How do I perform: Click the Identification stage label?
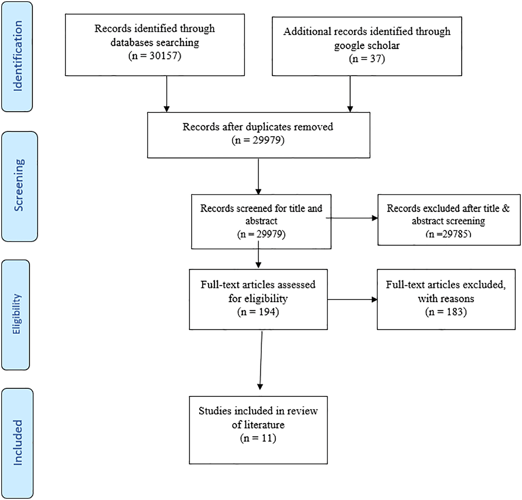tap(18, 56)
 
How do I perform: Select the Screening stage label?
tap(19, 185)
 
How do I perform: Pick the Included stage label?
tap(18, 443)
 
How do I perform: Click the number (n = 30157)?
tap(155, 56)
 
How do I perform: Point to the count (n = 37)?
tap(367, 59)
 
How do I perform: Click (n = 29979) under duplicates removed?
tap(258, 140)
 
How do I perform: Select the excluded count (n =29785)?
tap(448, 234)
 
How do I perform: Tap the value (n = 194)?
tap(258, 312)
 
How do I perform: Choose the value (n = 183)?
tap(446, 312)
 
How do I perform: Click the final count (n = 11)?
tap(258, 438)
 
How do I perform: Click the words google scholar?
tap(367, 45)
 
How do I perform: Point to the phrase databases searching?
tap(155, 42)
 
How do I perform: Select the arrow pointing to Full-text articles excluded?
tap(352, 300)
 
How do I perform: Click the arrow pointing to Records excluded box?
tap(352, 218)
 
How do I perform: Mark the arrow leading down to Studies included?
tap(261, 360)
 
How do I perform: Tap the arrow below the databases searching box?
tap(167, 94)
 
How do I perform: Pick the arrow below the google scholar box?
tap(350, 94)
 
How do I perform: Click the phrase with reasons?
tap(446, 298)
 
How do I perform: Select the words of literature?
tap(258, 425)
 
